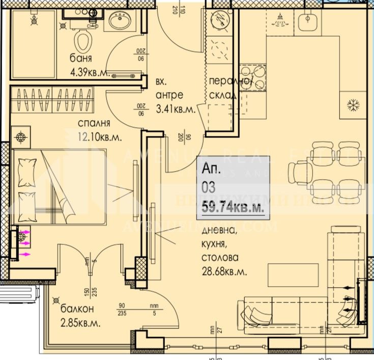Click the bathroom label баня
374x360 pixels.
pyautogui.click(x=81, y=58)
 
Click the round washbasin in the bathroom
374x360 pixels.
pyautogui.click(x=121, y=22)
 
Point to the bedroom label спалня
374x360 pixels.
pyautogui.click(x=94, y=123)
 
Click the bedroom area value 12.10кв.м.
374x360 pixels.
pyautogui.click(x=101, y=136)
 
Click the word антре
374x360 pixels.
pyautogui.click(x=169, y=95)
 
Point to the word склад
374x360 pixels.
pyautogui.click(x=222, y=95)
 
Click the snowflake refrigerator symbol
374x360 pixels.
pyautogui.click(x=352, y=105)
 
